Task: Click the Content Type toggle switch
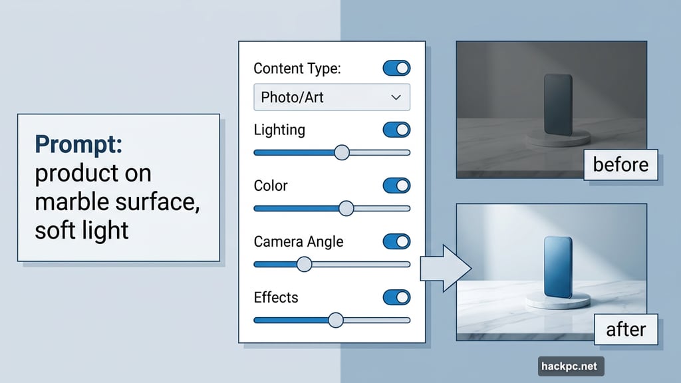pyautogui.click(x=397, y=68)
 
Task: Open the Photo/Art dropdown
pyautogui.click(x=331, y=97)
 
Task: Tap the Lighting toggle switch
pyautogui.click(x=397, y=130)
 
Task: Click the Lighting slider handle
pyautogui.click(x=341, y=152)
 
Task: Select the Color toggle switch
pyautogui.click(x=397, y=186)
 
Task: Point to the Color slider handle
pyautogui.click(x=346, y=208)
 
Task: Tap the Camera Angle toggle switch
pyautogui.click(x=397, y=241)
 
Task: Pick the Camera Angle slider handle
pyautogui.click(x=303, y=264)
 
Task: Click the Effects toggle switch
pyautogui.click(x=397, y=297)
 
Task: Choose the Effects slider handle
pyautogui.click(x=336, y=320)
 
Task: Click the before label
pyautogui.click(x=620, y=164)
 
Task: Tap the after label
pyautogui.click(x=626, y=329)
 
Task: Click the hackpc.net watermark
pyautogui.click(x=568, y=365)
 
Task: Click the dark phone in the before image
pyautogui.click(x=557, y=105)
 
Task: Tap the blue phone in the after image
pyautogui.click(x=557, y=267)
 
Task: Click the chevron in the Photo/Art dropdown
pyautogui.click(x=396, y=97)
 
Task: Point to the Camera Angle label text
pyautogui.click(x=299, y=241)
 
